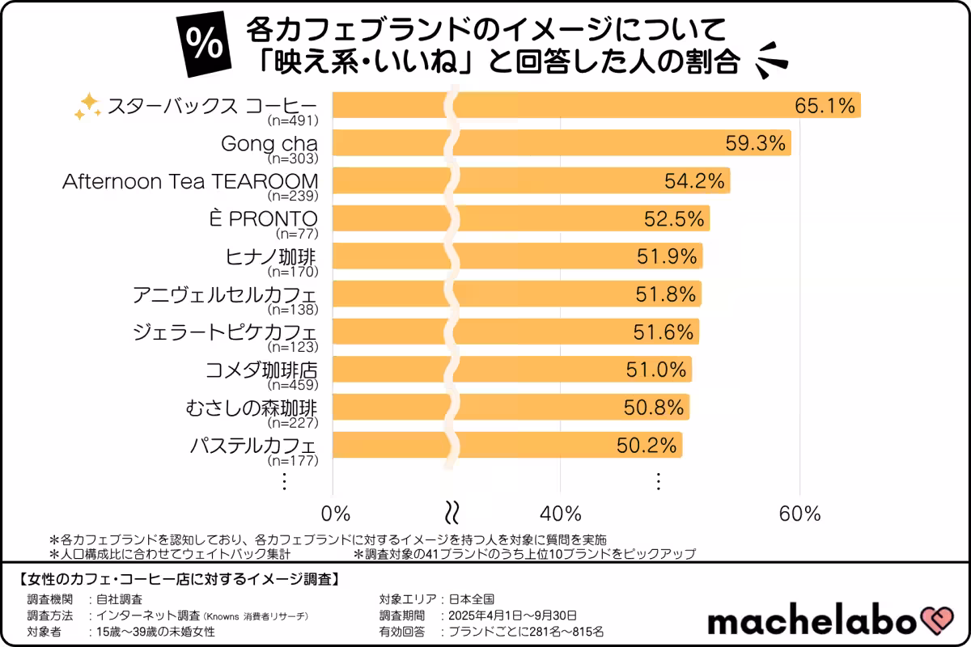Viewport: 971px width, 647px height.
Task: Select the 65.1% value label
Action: pos(825,105)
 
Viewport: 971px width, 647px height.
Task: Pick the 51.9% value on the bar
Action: pos(666,256)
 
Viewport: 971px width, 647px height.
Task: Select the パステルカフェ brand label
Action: pos(252,446)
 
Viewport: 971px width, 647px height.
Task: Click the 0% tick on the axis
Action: pos(336,514)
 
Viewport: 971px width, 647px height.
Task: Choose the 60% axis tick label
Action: pos(799,514)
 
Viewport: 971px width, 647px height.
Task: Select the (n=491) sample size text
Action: pos(293,121)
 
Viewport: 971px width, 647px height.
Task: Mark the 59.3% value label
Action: pos(756,143)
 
